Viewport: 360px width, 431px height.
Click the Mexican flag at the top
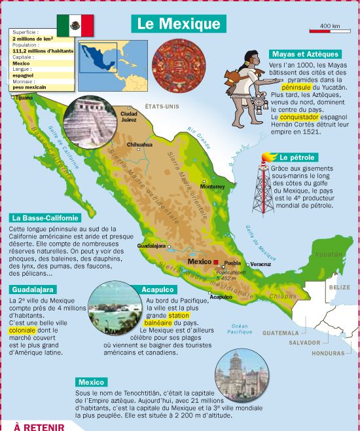(x=75, y=26)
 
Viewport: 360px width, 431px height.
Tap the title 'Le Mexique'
(x=179, y=24)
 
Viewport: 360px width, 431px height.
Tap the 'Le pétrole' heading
(x=297, y=158)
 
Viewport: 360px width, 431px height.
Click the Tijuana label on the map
(x=24, y=98)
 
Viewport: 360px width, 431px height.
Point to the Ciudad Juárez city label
(x=129, y=117)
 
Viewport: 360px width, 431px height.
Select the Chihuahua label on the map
(x=139, y=145)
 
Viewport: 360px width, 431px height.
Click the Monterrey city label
(x=212, y=186)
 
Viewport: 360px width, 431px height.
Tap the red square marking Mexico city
(x=215, y=262)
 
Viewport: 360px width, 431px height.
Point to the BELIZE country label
(x=340, y=288)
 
